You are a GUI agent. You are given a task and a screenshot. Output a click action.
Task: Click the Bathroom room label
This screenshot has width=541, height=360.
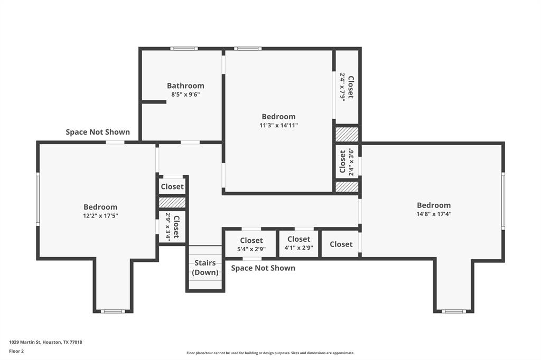(x=185, y=86)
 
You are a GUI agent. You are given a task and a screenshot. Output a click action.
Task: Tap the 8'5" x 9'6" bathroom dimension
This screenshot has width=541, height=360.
(x=185, y=94)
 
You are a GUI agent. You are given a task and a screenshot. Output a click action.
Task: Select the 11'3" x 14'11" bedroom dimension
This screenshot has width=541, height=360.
(x=278, y=125)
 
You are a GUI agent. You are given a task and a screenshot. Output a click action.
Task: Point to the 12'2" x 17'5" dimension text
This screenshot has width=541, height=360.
(x=100, y=216)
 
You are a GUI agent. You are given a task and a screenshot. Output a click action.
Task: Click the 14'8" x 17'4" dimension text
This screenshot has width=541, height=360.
(x=434, y=214)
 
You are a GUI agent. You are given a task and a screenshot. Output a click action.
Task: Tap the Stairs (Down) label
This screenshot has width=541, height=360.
(x=205, y=268)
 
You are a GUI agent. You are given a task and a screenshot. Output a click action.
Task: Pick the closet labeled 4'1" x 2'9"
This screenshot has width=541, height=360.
(x=299, y=243)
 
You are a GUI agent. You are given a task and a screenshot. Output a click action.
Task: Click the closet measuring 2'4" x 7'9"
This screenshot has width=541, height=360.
(x=347, y=87)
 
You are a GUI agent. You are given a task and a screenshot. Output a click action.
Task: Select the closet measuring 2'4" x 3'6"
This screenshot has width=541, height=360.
(x=347, y=162)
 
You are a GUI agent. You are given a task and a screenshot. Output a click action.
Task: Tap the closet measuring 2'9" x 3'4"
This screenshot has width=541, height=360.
(x=172, y=227)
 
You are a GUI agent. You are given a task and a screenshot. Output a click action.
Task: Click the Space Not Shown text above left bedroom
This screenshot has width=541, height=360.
(x=98, y=132)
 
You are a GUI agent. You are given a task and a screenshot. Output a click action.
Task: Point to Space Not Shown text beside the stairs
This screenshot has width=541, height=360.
(x=263, y=268)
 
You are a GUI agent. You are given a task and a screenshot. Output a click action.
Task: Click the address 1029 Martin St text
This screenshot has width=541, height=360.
(x=45, y=342)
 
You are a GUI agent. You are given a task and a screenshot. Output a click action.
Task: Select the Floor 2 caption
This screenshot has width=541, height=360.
(x=16, y=352)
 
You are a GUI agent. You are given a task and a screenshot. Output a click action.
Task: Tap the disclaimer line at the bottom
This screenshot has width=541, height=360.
(x=270, y=353)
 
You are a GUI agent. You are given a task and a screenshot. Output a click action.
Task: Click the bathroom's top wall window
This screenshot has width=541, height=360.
(x=184, y=49)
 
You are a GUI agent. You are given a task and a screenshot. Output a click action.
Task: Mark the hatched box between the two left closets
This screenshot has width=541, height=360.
(x=172, y=202)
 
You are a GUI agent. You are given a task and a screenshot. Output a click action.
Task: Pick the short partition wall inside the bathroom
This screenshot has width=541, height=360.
(x=154, y=102)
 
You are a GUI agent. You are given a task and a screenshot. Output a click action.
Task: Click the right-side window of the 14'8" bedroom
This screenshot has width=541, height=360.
(x=503, y=201)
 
